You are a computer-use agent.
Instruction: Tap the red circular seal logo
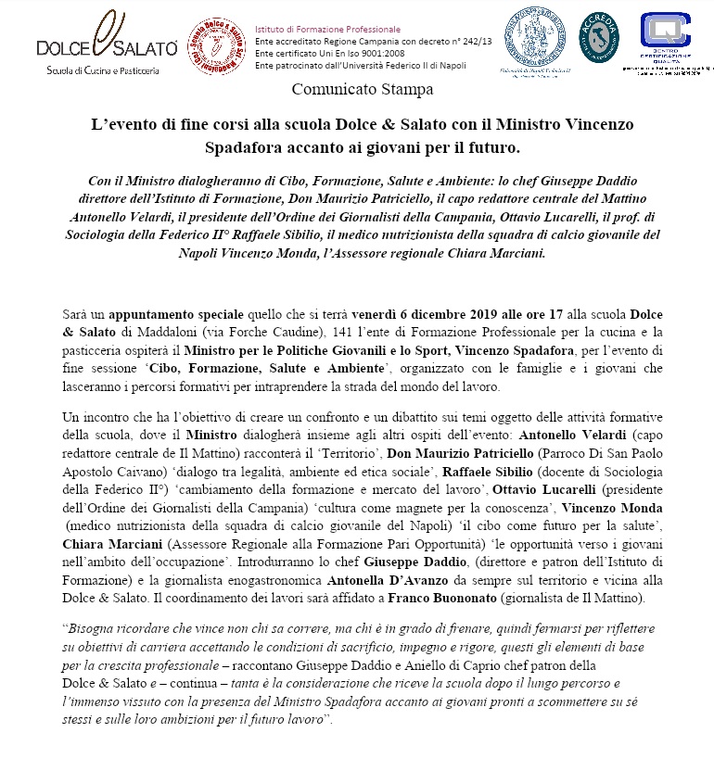coord(217,44)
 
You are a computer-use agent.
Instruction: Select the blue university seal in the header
coord(539,39)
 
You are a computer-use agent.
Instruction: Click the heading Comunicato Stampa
coord(356,90)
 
